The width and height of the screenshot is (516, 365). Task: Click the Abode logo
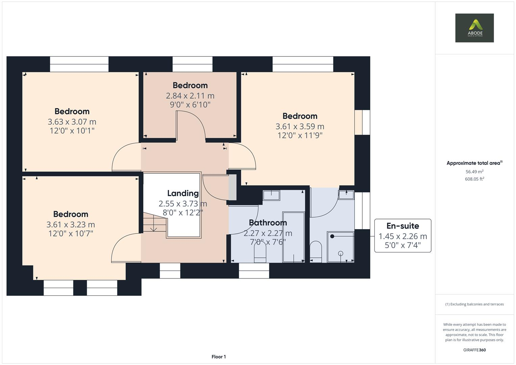point(474,28)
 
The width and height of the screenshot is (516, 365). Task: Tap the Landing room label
point(183,193)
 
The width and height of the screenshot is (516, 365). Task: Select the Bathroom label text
point(268,223)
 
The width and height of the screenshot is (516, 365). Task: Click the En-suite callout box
point(402,236)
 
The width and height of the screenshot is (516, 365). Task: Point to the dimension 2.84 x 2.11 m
point(190,96)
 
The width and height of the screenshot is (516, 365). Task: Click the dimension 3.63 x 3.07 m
point(72,122)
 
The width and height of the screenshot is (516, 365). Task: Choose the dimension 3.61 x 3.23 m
point(71,224)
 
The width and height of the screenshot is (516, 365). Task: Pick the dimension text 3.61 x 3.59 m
point(300,126)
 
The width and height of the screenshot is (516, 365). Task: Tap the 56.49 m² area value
point(474,172)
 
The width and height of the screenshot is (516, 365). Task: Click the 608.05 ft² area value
point(474,179)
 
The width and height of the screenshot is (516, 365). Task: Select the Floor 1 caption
point(219,357)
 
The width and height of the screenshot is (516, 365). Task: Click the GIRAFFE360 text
point(474,350)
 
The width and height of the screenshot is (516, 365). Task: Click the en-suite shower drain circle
point(340,253)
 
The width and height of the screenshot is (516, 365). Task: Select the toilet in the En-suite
point(316,252)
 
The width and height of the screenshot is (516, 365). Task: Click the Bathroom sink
point(271,195)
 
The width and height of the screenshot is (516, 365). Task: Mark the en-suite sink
point(346,195)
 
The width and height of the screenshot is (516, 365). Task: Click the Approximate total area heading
point(474,163)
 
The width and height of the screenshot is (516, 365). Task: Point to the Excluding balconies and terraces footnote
point(474,304)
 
